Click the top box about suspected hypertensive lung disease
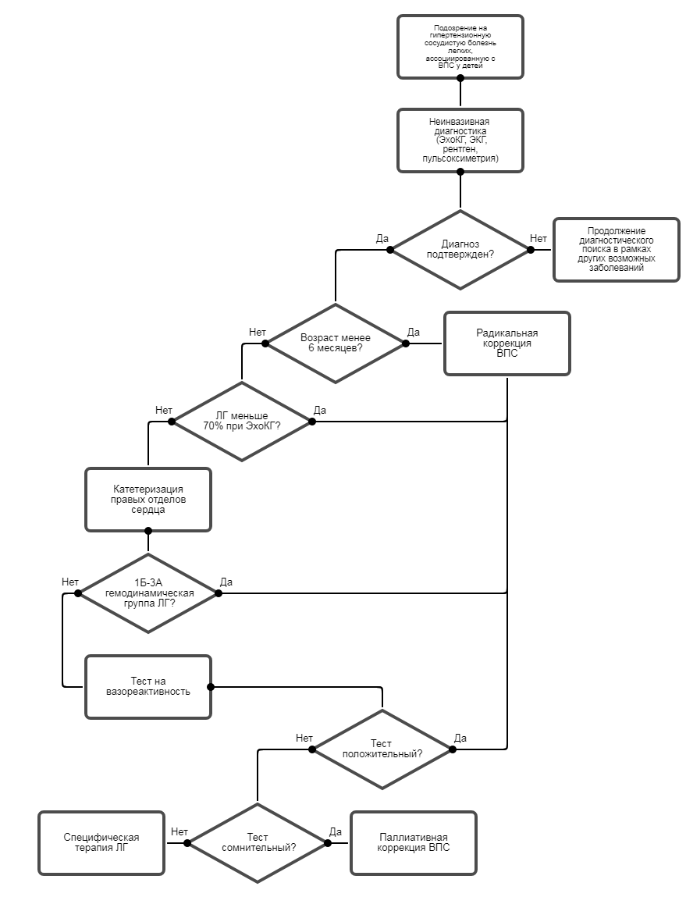pyautogui.click(x=460, y=47)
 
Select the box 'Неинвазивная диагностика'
pyautogui.click(x=460, y=141)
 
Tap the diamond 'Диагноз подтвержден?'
pyautogui.click(x=460, y=250)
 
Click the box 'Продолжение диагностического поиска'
pyautogui.click(x=616, y=250)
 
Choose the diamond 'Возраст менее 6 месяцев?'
pyautogui.click(x=336, y=343)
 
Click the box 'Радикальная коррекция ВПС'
pyautogui.click(x=507, y=343)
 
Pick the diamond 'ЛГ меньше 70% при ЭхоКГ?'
pyautogui.click(x=242, y=422)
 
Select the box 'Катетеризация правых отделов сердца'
pyautogui.click(x=148, y=500)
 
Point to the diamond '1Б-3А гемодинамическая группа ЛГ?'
pyautogui.click(x=148, y=593)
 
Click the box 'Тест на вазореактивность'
pyautogui.click(x=148, y=687)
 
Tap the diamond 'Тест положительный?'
pyautogui.click(x=382, y=749)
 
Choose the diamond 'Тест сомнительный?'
pyautogui.click(x=258, y=843)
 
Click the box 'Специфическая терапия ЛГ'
pyautogui.click(x=101, y=843)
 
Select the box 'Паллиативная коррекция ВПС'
pyautogui.click(x=413, y=843)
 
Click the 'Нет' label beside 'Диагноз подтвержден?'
pyautogui.click(x=538, y=238)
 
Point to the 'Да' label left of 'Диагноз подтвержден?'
pyautogui.click(x=382, y=238)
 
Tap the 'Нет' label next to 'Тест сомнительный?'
pyautogui.click(x=179, y=831)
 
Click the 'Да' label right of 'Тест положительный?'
pyautogui.click(x=460, y=738)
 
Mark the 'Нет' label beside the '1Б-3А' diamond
pyautogui.click(x=70, y=582)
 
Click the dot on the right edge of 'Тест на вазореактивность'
pyautogui.click(x=211, y=687)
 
